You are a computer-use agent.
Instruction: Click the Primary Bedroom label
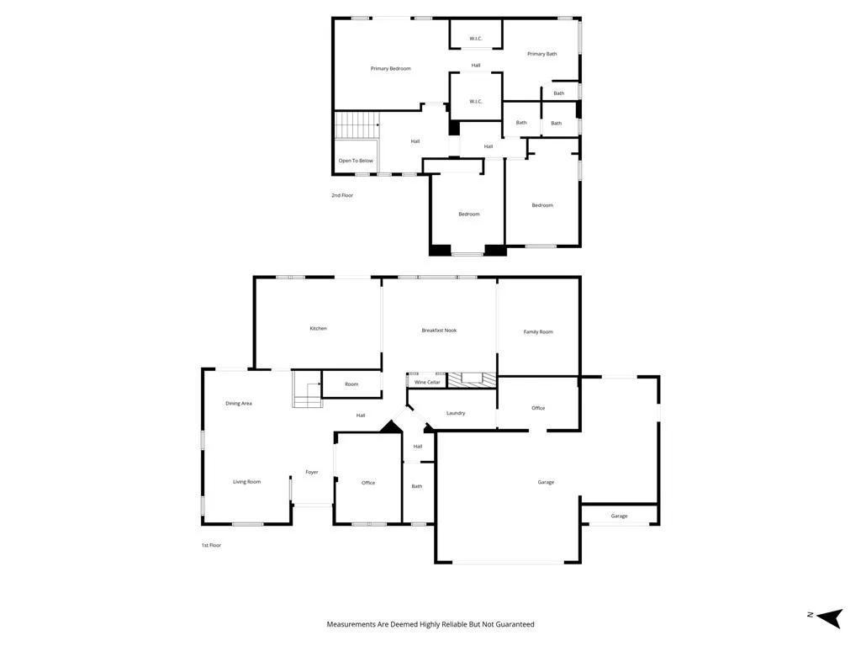[391, 68]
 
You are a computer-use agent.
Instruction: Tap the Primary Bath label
[541, 54]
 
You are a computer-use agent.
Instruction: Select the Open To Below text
[356, 160]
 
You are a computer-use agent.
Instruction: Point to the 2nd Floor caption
[342, 195]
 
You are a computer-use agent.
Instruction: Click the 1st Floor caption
[211, 545]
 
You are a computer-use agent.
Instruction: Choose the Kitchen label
[318, 328]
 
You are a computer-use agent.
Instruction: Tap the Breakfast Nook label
[439, 331]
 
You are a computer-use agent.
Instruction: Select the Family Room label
[538, 331]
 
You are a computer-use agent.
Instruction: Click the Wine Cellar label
[428, 382]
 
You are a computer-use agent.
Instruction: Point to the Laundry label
[456, 413]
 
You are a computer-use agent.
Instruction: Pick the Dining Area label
[239, 403]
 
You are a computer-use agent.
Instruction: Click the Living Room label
[247, 482]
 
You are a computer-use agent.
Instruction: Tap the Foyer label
[312, 473]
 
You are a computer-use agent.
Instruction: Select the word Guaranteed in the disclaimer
[512, 624]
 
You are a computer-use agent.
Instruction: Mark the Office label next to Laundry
[538, 408]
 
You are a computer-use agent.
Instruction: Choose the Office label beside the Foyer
[368, 483]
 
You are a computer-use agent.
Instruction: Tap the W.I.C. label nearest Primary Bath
[476, 37]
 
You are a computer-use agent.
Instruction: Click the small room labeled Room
[351, 384]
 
